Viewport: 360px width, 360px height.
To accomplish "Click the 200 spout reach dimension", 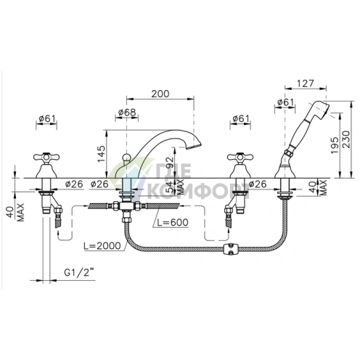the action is click(160, 94).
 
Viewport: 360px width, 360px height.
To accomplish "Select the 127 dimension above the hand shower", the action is click(305, 83).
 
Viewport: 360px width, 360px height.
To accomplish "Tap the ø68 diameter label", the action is click(127, 112).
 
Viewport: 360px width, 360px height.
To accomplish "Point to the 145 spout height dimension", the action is click(101, 154).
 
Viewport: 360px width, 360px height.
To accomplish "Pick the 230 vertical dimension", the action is click(346, 139).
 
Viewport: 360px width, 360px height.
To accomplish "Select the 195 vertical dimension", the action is click(335, 145).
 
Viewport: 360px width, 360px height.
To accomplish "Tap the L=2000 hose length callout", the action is click(102, 246).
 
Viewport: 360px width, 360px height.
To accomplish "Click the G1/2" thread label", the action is click(78, 273).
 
